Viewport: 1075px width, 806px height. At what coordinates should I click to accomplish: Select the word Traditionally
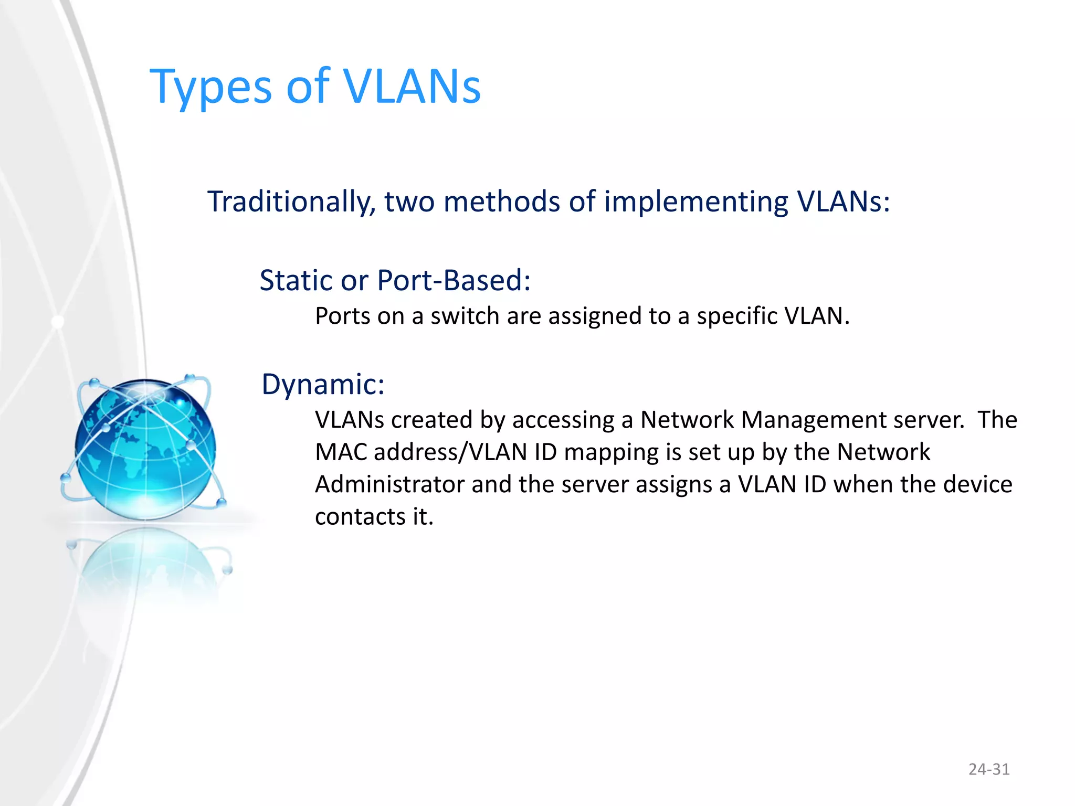[x=291, y=202]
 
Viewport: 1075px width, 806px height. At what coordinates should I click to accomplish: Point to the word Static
[x=297, y=280]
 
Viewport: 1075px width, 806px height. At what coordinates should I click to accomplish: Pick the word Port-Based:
[x=454, y=280]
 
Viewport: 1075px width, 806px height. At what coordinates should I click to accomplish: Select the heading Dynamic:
[x=323, y=385]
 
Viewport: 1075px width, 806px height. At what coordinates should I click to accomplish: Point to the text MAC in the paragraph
[x=341, y=452]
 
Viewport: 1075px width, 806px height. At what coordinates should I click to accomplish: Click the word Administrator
[x=389, y=484]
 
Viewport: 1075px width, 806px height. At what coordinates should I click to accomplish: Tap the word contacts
[x=360, y=517]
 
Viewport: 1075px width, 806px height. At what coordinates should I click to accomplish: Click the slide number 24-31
[x=989, y=769]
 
